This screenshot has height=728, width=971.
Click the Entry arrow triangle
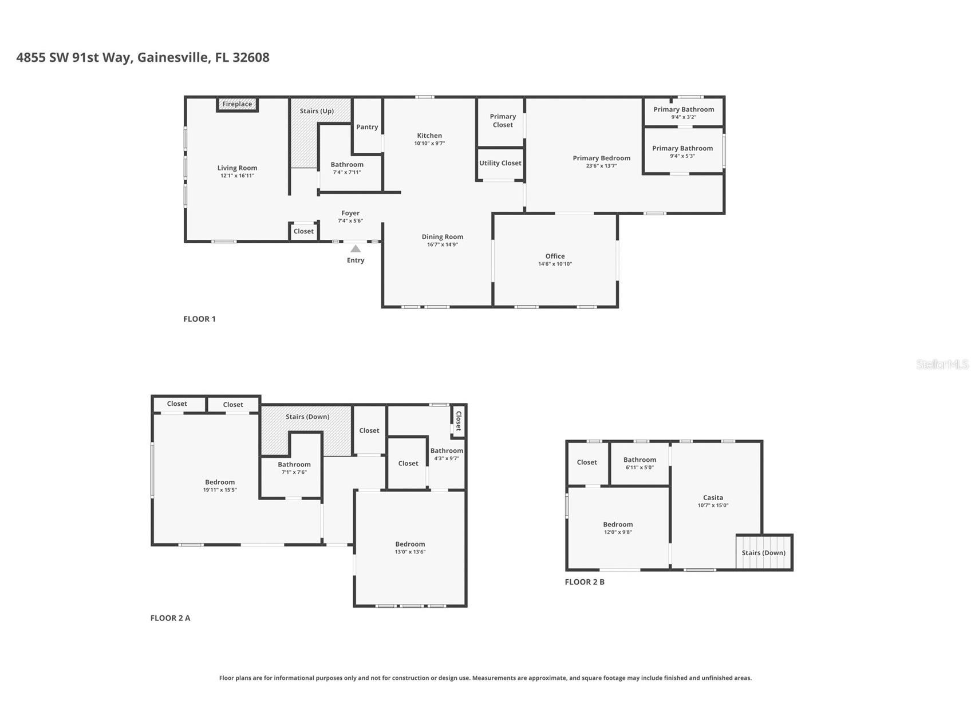tap(356, 248)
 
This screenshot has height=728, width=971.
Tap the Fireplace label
tap(237, 104)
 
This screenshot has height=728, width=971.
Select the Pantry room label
tap(367, 127)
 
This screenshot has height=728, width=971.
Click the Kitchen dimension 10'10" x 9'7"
tap(429, 144)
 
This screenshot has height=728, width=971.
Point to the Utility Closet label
tap(500, 163)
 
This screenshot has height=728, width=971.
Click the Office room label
tap(555, 256)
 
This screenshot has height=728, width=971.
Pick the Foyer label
tap(350, 213)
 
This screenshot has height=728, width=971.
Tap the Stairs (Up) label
tap(317, 111)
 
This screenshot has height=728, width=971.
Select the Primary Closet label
tap(503, 121)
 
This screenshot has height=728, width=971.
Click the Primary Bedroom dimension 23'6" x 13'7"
tap(601, 166)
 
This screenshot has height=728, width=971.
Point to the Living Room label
tap(237, 168)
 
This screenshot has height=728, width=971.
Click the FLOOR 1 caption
tap(199, 319)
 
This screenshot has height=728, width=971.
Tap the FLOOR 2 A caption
tap(170, 618)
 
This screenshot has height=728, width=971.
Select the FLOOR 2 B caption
tap(585, 582)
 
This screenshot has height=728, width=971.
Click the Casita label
tap(713, 498)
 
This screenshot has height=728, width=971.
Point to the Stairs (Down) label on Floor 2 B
tap(763, 553)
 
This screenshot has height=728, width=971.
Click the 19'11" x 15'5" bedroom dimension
tap(220, 490)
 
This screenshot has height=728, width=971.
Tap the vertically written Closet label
tap(458, 421)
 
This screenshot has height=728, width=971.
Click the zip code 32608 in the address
tap(251, 57)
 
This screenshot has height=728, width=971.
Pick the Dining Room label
tap(443, 237)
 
